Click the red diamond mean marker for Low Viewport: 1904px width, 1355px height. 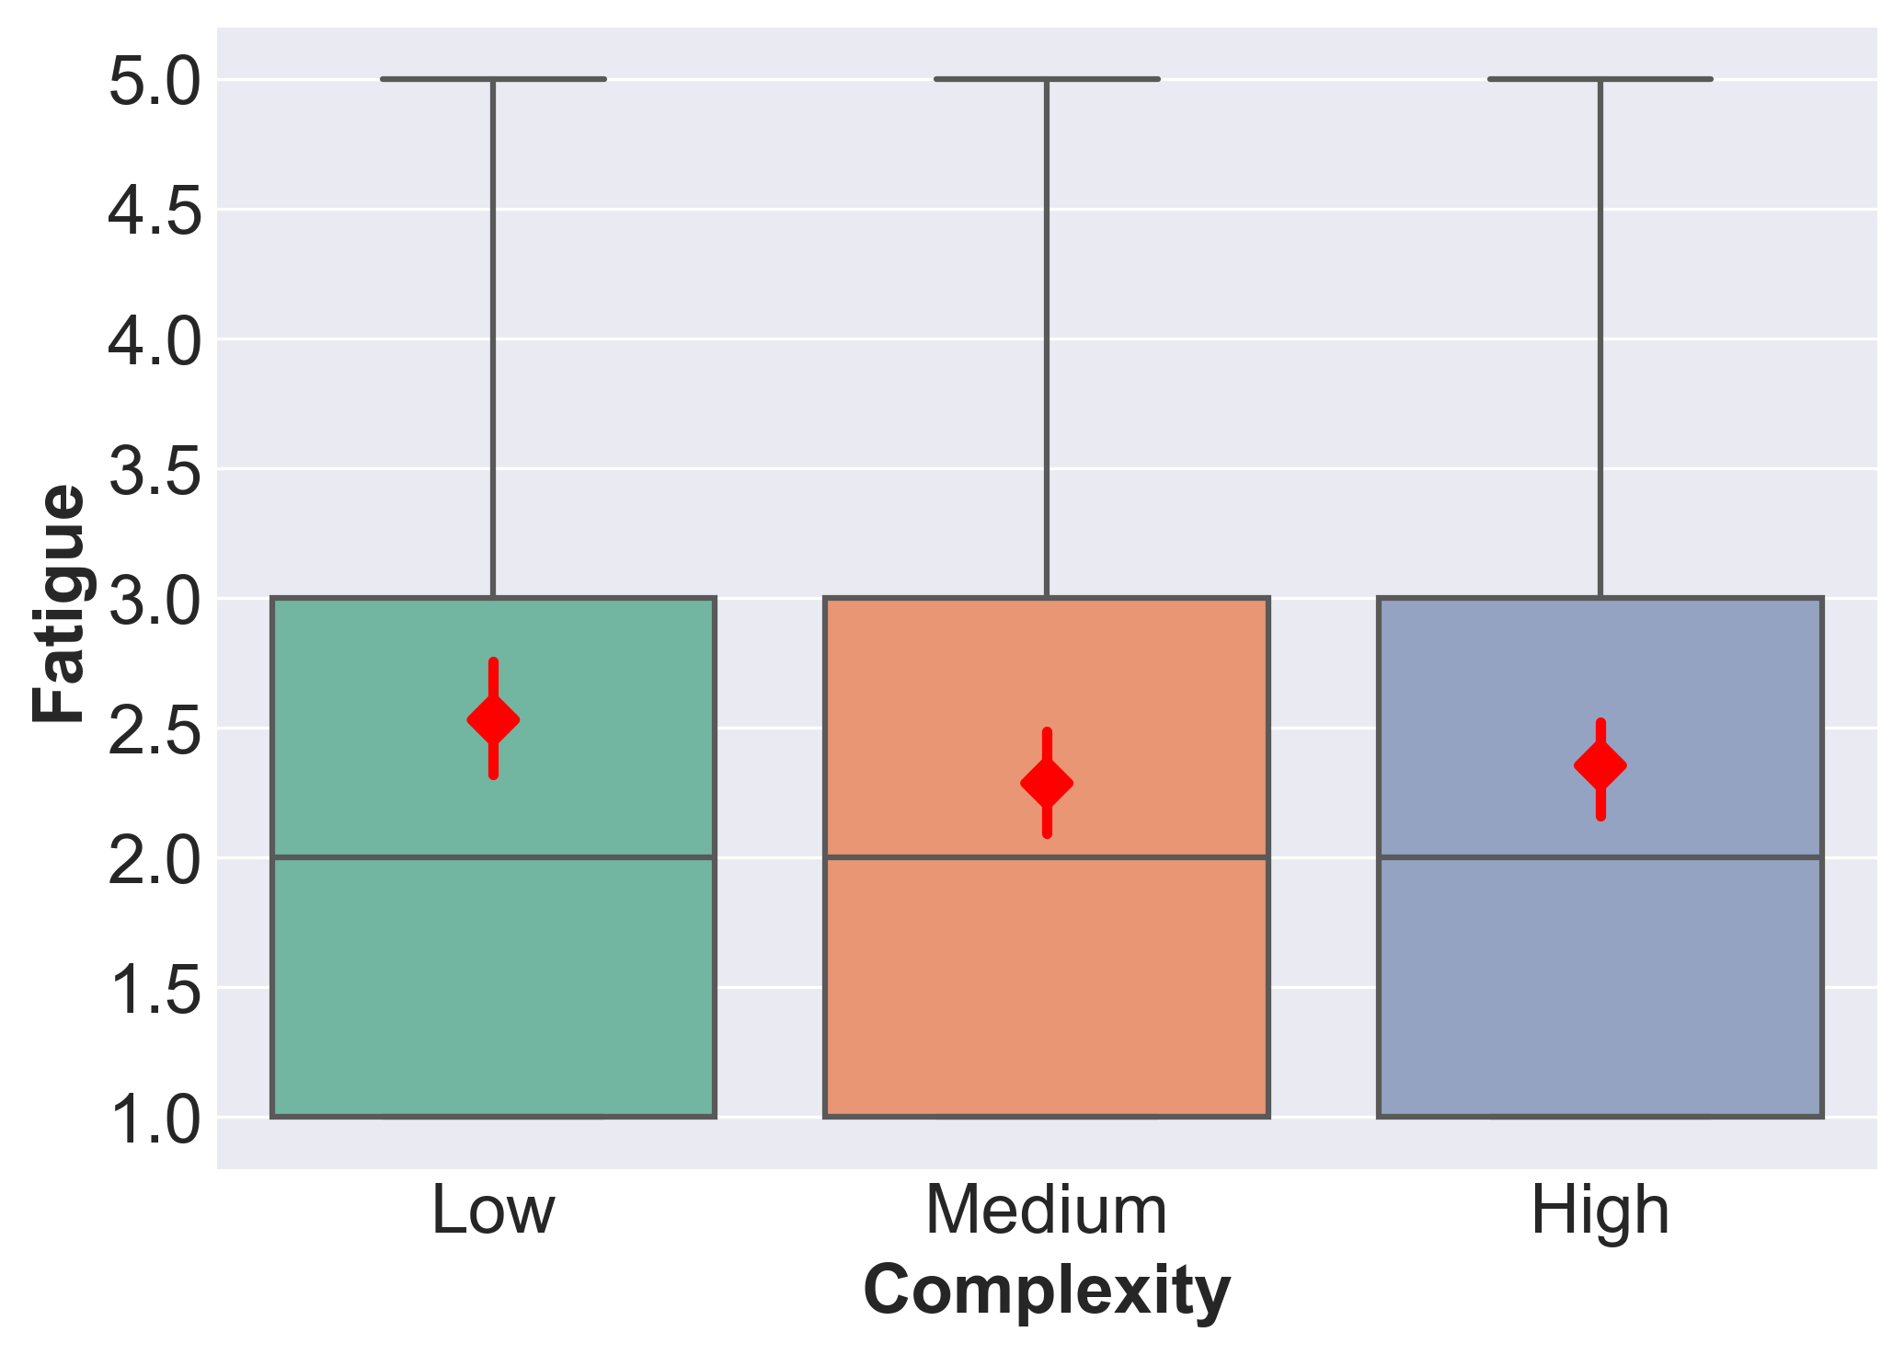[493, 719]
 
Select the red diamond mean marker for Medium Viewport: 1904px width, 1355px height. [1047, 784]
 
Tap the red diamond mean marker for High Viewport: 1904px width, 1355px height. [1600, 765]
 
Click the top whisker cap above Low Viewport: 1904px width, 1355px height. [493, 79]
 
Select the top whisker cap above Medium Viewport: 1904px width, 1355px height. [1047, 79]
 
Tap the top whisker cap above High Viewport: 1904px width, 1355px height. [1600, 79]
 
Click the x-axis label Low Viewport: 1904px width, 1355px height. [493, 1211]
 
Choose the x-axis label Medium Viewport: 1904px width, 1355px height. [1047, 1211]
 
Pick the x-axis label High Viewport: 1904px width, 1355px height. [1600, 1211]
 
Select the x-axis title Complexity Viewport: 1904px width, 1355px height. [1047, 1292]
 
